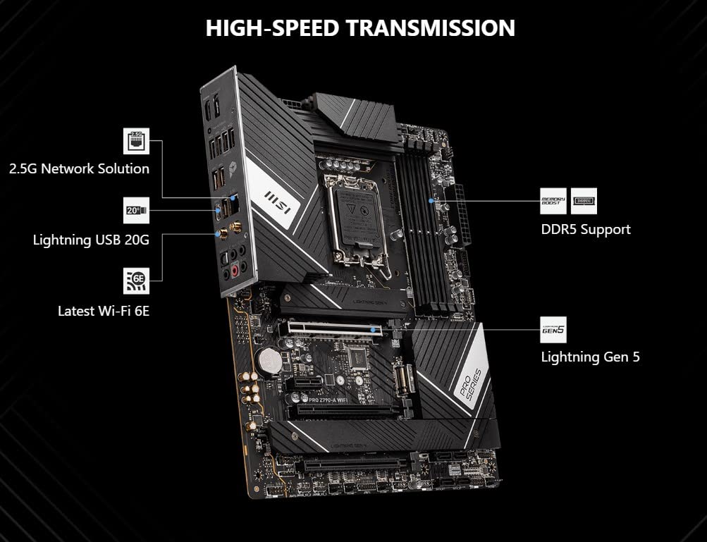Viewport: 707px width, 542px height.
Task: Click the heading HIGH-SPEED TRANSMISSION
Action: tap(360, 28)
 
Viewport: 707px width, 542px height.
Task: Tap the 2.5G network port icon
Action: tap(137, 141)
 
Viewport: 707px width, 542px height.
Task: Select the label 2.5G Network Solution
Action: tap(79, 169)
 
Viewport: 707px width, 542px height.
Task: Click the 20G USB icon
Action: tap(137, 210)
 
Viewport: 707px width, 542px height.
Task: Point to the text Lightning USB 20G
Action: tap(91, 240)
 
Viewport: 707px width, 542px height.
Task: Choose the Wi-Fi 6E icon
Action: tap(137, 281)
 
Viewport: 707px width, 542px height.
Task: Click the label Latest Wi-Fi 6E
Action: tap(104, 310)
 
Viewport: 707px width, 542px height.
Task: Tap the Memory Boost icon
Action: tap(553, 201)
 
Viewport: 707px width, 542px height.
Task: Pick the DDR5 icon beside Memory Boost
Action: tap(584, 201)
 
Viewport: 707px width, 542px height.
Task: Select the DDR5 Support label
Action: tap(585, 229)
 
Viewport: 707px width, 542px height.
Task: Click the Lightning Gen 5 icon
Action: tap(553, 329)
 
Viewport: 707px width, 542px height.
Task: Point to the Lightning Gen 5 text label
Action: tap(590, 357)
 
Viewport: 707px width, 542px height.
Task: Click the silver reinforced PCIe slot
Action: tap(331, 329)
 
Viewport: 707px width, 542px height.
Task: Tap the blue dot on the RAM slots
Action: tap(431, 201)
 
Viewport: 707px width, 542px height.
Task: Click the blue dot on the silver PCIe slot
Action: tap(384, 328)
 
